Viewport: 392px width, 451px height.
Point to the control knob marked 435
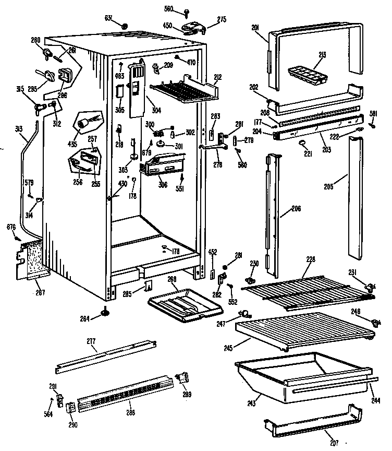[x=84, y=124]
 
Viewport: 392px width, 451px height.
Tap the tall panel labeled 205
[x=356, y=198]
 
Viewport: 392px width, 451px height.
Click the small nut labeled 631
[x=124, y=26]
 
